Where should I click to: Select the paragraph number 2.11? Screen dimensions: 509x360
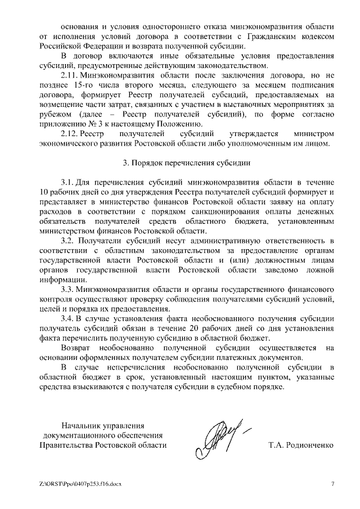[70, 75]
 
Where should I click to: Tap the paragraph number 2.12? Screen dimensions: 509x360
[70, 133]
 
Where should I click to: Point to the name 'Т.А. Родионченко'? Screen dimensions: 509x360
[301, 445]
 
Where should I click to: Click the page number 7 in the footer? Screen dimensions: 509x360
[332, 484]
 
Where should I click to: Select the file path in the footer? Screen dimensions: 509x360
[80, 484]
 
